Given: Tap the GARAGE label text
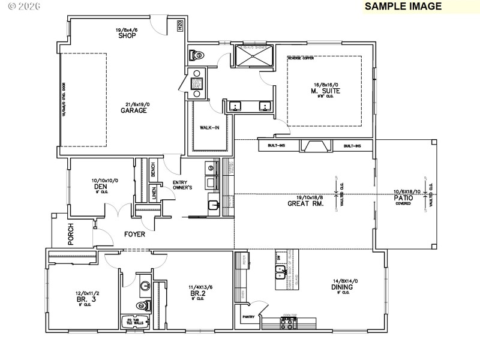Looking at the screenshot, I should pos(134,110).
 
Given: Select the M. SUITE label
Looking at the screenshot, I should pos(326,91).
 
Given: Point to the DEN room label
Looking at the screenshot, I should pos(100,187).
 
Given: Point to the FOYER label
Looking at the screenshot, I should pos(134,234).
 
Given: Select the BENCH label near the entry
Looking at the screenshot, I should pos(153,169).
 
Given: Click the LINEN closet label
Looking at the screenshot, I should pos(154,193).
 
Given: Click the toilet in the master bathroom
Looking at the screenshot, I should pos(195,55).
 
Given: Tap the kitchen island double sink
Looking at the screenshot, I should pos(280,275).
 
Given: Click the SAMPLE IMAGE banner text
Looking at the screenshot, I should pos(403,7).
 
